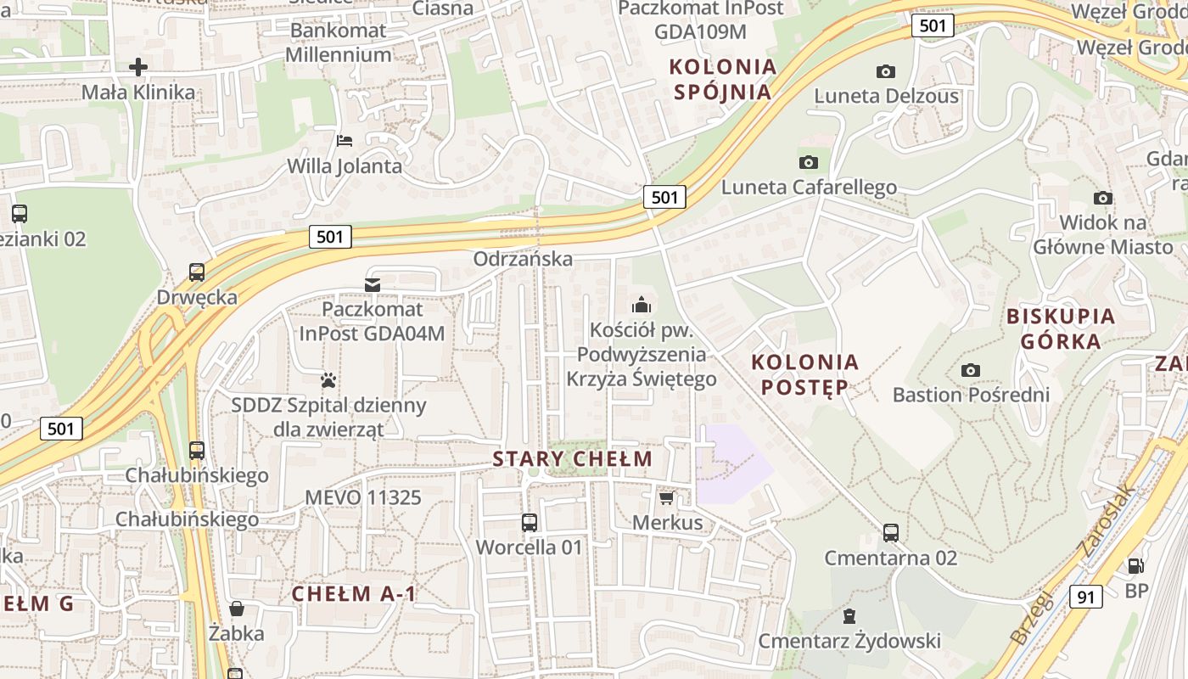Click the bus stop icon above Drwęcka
pyautogui.click(x=197, y=272)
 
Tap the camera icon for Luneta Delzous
pyautogui.click(x=886, y=71)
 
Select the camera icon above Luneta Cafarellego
pyautogui.click(x=809, y=162)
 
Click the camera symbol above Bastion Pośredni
pyautogui.click(x=971, y=370)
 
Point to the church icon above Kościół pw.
pyautogui.click(x=642, y=304)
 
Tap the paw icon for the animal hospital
pyautogui.click(x=328, y=379)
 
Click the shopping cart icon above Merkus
pyautogui.click(x=667, y=497)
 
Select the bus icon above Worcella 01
pyautogui.click(x=530, y=522)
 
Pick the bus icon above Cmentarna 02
pyautogui.click(x=891, y=533)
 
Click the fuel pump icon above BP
pyautogui.click(x=1135, y=565)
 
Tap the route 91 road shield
pyautogui.click(x=1085, y=597)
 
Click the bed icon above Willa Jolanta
pyautogui.click(x=345, y=140)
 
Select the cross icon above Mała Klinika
pyautogui.click(x=138, y=66)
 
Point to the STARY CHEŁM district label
pyautogui.click(x=573, y=459)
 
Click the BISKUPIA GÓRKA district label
pyautogui.click(x=1060, y=328)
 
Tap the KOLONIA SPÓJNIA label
pyautogui.click(x=722, y=79)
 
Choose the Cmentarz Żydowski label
pyautogui.click(x=849, y=641)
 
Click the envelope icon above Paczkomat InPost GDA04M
pyautogui.click(x=372, y=284)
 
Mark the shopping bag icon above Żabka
pyautogui.click(x=237, y=609)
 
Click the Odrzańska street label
pyautogui.click(x=523, y=259)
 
